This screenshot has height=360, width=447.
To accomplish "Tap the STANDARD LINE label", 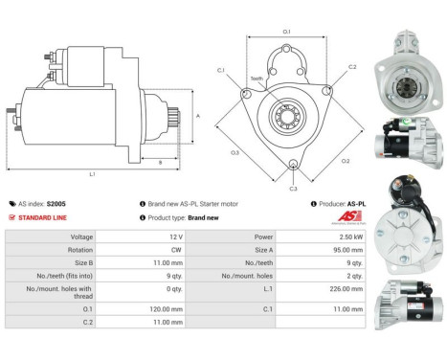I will [x=44, y=217].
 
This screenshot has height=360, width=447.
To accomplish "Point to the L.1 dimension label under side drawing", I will [x=92, y=174].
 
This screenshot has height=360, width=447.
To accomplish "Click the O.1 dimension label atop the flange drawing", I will [x=286, y=33].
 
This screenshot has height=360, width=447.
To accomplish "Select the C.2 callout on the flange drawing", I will [x=352, y=67].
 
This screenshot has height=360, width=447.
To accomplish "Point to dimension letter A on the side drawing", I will [x=198, y=114].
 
